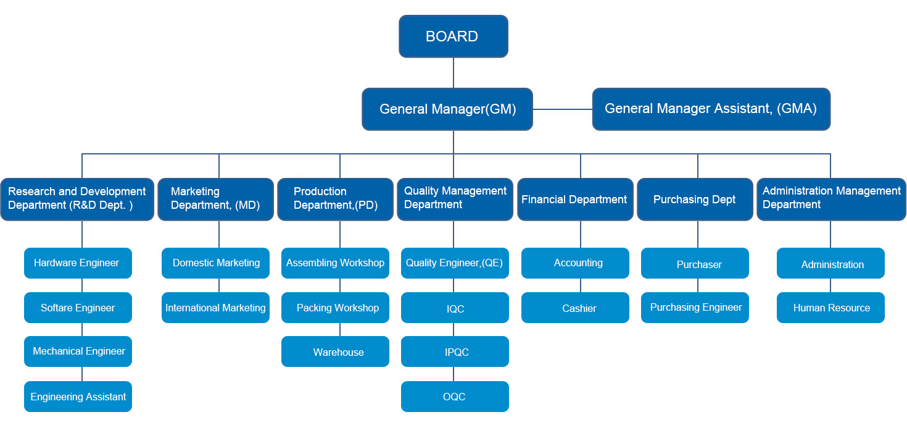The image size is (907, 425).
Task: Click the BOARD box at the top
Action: pyautogui.click(x=453, y=36)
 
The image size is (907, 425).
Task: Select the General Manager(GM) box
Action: pyautogui.click(x=447, y=109)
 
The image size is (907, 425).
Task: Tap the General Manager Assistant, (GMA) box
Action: pyautogui.click(x=711, y=109)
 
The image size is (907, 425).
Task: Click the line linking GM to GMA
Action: pyautogui.click(x=562, y=109)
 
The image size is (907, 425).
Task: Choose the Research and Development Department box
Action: pyautogui.click(x=77, y=199)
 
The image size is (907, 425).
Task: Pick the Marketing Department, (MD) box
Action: pyautogui.click(x=215, y=199)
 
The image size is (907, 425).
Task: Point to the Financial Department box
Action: pyautogui.click(x=574, y=199)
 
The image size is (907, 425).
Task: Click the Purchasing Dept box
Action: pyautogui.click(x=695, y=199)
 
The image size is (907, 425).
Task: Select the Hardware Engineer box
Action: pyautogui.click(x=78, y=263)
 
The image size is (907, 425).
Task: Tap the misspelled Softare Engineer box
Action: pyautogui.click(x=78, y=308)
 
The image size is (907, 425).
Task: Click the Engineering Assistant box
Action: pyautogui.click(x=78, y=397)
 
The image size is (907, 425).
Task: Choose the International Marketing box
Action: pyautogui.click(x=215, y=308)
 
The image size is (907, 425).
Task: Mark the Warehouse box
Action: pyautogui.click(x=335, y=351)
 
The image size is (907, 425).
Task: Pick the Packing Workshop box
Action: pyautogui.click(x=335, y=308)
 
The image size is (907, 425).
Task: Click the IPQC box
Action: pyautogui.click(x=455, y=351)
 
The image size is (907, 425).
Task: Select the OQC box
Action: pyautogui.click(x=455, y=397)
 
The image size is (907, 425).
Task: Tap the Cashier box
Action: pyautogui.click(x=575, y=308)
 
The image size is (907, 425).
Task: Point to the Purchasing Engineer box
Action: pyautogui.click(x=695, y=308)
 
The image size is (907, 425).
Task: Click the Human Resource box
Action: pyautogui.click(x=830, y=308)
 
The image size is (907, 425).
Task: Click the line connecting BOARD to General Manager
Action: pyautogui.click(x=453, y=73)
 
